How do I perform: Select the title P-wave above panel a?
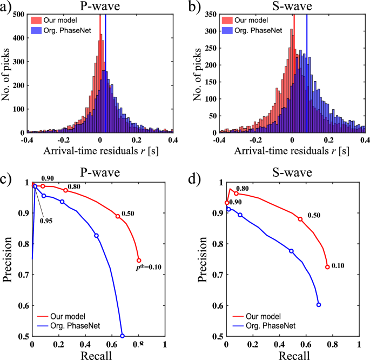point(99,7)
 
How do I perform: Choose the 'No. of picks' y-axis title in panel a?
point(6,74)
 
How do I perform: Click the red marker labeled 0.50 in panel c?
point(118,216)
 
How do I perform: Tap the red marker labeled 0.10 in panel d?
point(327,267)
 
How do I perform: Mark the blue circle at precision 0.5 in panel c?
point(123,336)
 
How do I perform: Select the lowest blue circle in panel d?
point(319,305)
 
